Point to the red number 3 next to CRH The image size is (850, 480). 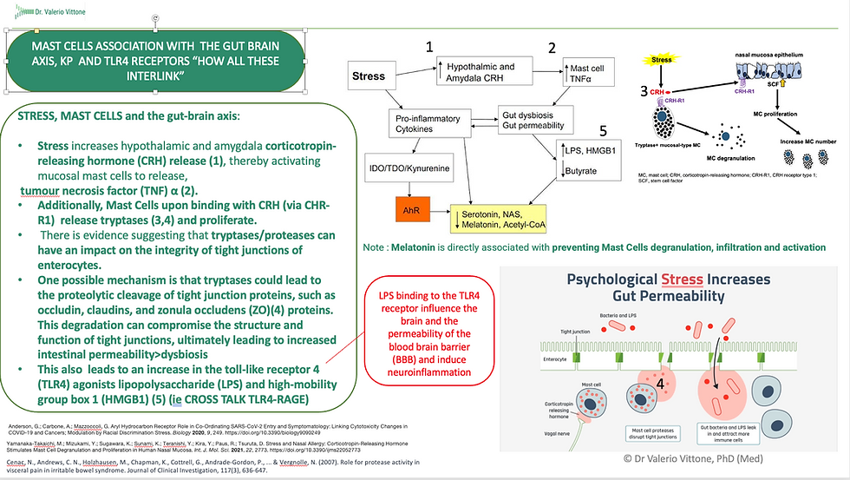(644, 90)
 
